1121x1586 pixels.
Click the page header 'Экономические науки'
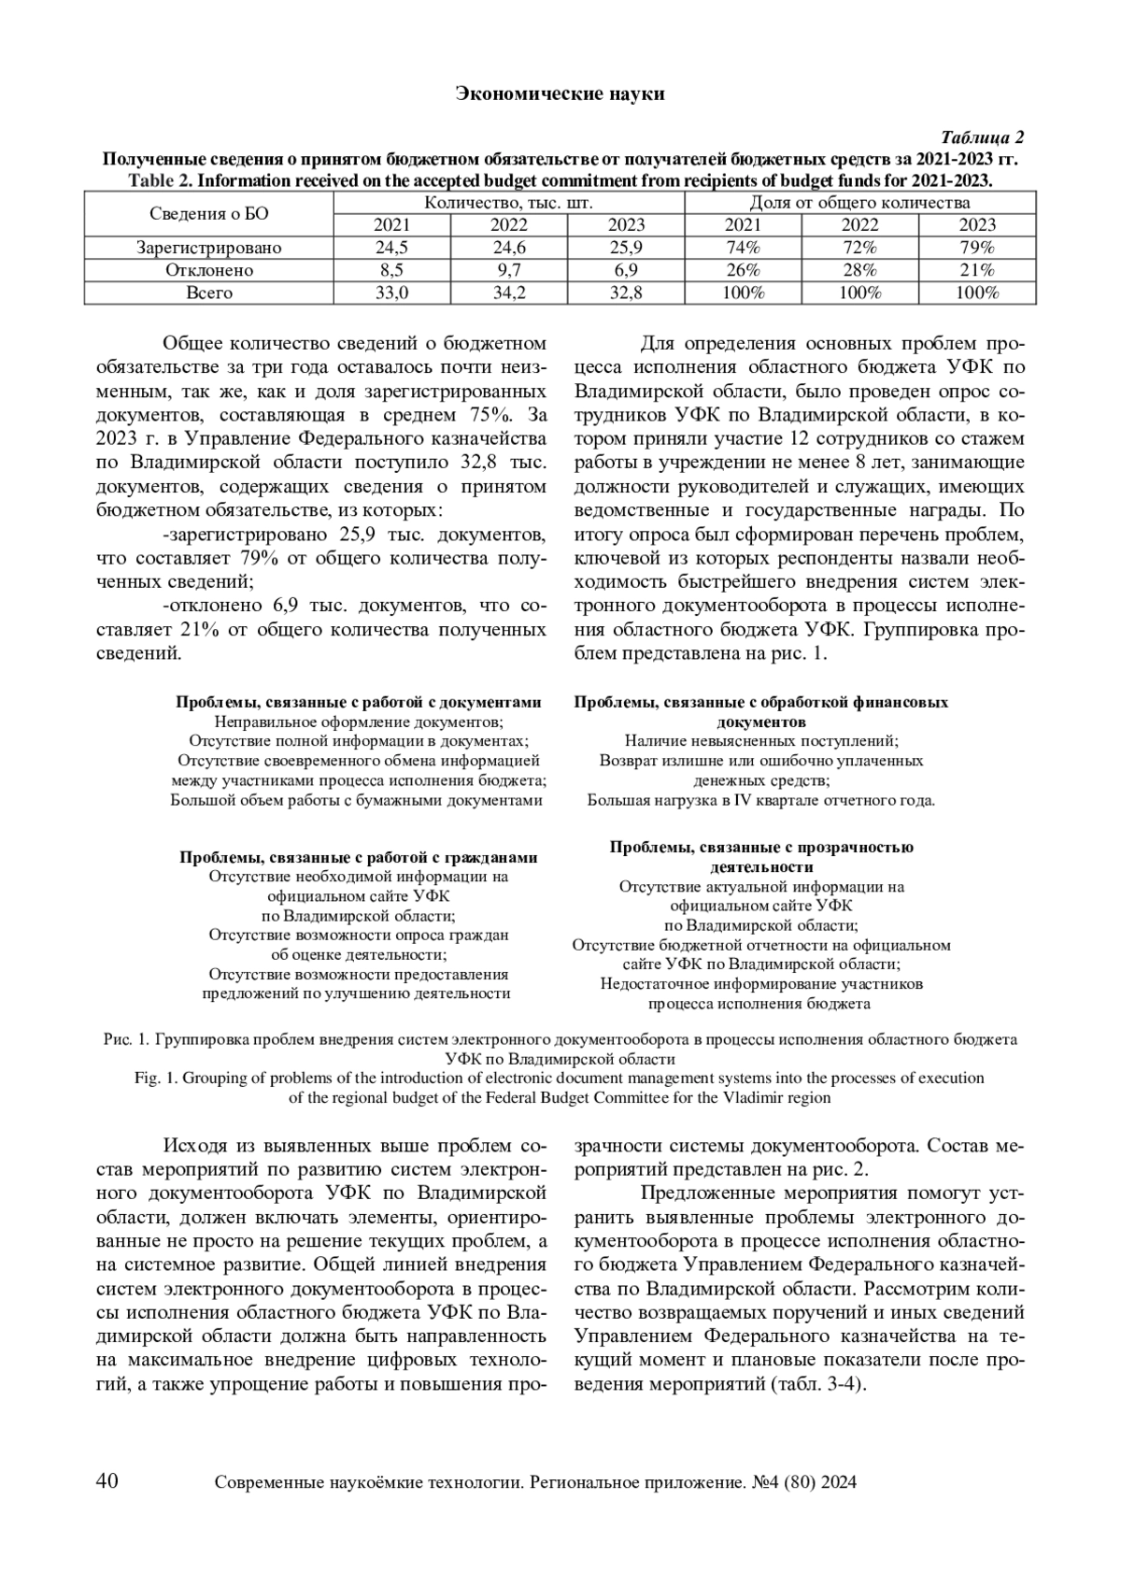[560, 93]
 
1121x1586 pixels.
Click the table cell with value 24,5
[391, 248]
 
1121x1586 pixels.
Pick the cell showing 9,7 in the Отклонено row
[509, 270]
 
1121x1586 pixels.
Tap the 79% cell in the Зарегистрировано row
[977, 248]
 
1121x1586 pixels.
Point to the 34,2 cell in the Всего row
[509, 293]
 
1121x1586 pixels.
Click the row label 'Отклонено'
[208, 270]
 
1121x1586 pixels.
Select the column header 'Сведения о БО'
[208, 213]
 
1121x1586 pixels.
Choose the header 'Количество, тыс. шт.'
[509, 202]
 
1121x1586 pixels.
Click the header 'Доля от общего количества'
[859, 202]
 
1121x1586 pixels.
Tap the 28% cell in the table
[859, 270]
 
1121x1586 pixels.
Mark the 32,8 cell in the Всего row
[626, 293]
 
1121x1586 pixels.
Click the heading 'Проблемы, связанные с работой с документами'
[359, 702]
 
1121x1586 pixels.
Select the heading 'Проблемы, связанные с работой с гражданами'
[359, 857]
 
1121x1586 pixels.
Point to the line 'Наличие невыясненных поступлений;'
[761, 741]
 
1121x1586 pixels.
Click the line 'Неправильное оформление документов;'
[359, 722]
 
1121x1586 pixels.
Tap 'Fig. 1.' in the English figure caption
[157, 1078]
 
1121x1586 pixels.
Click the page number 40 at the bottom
[106, 1480]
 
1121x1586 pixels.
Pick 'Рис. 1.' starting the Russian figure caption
[126, 1039]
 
